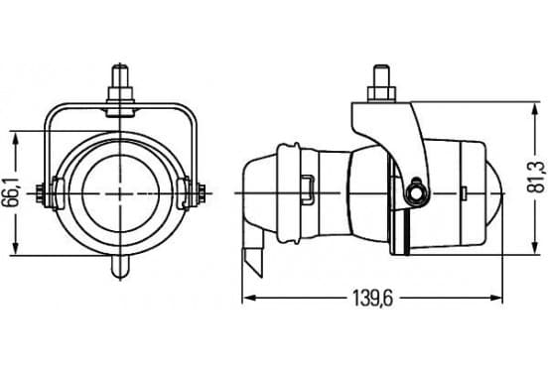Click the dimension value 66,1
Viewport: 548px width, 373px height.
12,193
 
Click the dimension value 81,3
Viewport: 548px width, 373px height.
535,179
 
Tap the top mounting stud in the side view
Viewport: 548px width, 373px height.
381,76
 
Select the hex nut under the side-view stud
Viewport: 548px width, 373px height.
381,95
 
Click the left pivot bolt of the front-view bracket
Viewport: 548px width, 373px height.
40,193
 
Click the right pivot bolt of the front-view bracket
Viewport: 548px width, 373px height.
202,193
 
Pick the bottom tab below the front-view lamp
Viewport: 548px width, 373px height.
120,267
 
